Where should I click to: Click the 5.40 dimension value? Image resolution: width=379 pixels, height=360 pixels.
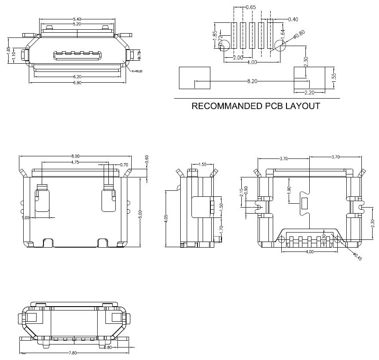click(x=77, y=19)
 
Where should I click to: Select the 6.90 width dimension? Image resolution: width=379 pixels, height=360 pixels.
click(x=77, y=82)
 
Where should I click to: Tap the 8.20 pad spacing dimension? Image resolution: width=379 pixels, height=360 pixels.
click(x=253, y=81)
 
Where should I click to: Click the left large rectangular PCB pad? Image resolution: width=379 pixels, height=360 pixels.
click(x=194, y=78)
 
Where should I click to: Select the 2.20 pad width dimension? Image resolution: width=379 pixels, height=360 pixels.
click(x=309, y=92)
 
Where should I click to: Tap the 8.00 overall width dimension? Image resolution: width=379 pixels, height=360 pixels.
click(x=75, y=156)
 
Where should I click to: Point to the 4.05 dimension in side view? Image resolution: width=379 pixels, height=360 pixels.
click(x=166, y=219)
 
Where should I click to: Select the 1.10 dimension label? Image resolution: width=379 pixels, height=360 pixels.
click(x=14, y=55)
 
